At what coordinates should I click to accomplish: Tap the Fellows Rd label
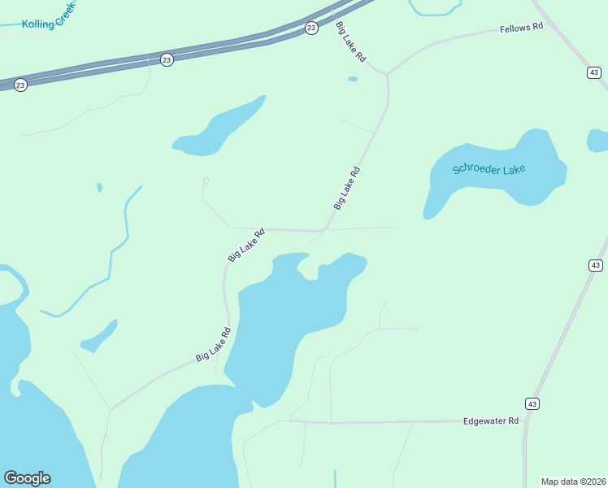pos(521,28)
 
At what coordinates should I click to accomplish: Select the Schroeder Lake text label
pos(489,170)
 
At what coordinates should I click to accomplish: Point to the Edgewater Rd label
pos(490,421)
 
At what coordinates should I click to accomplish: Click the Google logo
pos(27,478)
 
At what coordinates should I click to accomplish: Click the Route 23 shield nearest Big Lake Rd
pos(311,28)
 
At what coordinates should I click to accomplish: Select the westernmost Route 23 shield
pos(20,85)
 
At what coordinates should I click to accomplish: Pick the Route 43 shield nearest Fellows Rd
pos(594,73)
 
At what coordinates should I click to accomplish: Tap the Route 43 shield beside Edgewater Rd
pos(532,403)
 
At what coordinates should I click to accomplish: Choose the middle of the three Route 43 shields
pos(595,265)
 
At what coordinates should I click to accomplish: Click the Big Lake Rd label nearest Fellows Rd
pos(350,41)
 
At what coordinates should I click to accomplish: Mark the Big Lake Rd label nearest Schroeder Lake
pos(346,189)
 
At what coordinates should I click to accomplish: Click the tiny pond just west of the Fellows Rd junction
pos(352,79)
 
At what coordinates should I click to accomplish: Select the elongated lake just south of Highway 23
pos(218,129)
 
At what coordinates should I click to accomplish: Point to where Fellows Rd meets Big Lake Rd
pos(387,74)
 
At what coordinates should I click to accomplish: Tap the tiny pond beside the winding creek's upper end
pos(99,187)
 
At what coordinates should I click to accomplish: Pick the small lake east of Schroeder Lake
pos(598,140)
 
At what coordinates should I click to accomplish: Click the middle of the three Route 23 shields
pos(167,60)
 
